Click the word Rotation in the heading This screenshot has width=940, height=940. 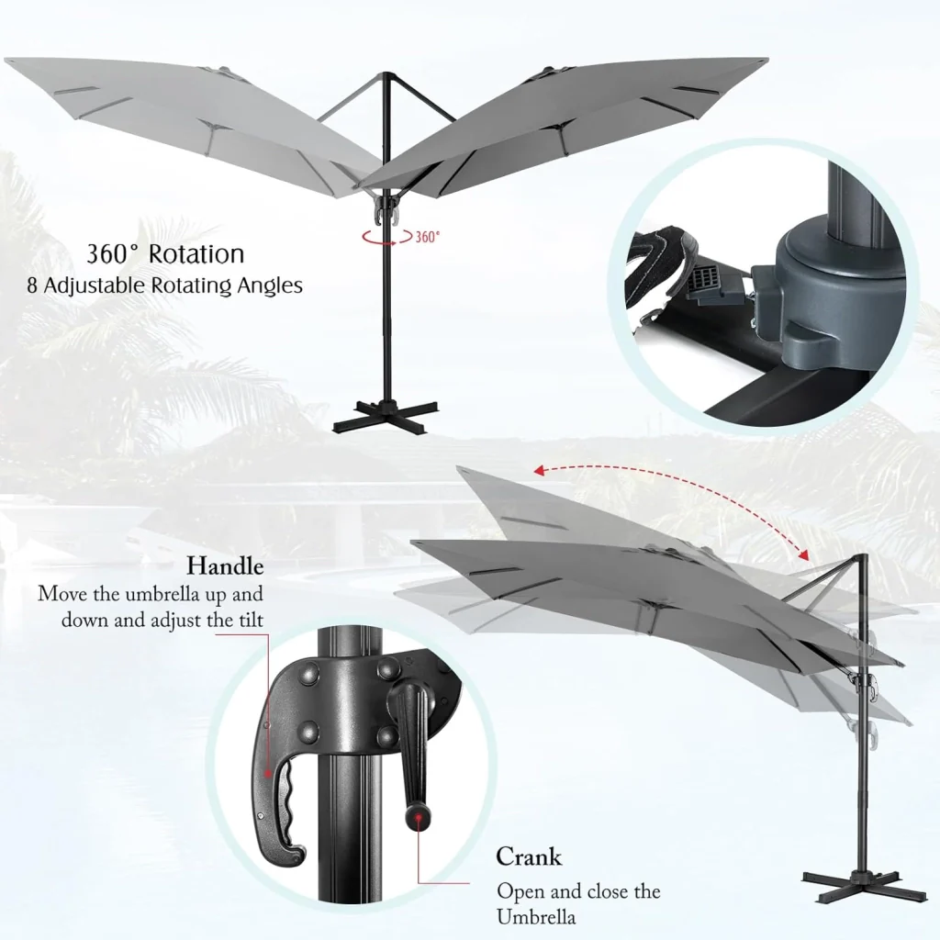click(x=196, y=254)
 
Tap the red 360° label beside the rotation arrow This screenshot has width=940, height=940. click(x=428, y=237)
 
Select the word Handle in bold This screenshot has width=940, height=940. click(x=225, y=565)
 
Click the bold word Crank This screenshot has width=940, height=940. click(x=529, y=856)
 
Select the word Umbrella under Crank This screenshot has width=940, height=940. click(x=536, y=917)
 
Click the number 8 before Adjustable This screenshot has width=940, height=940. click(x=32, y=285)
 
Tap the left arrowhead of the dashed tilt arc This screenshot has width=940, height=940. click(x=540, y=471)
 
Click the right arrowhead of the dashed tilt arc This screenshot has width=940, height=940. click(x=802, y=554)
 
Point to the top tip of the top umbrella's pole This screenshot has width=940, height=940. click(x=386, y=74)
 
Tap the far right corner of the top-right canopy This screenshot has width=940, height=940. click(x=767, y=60)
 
